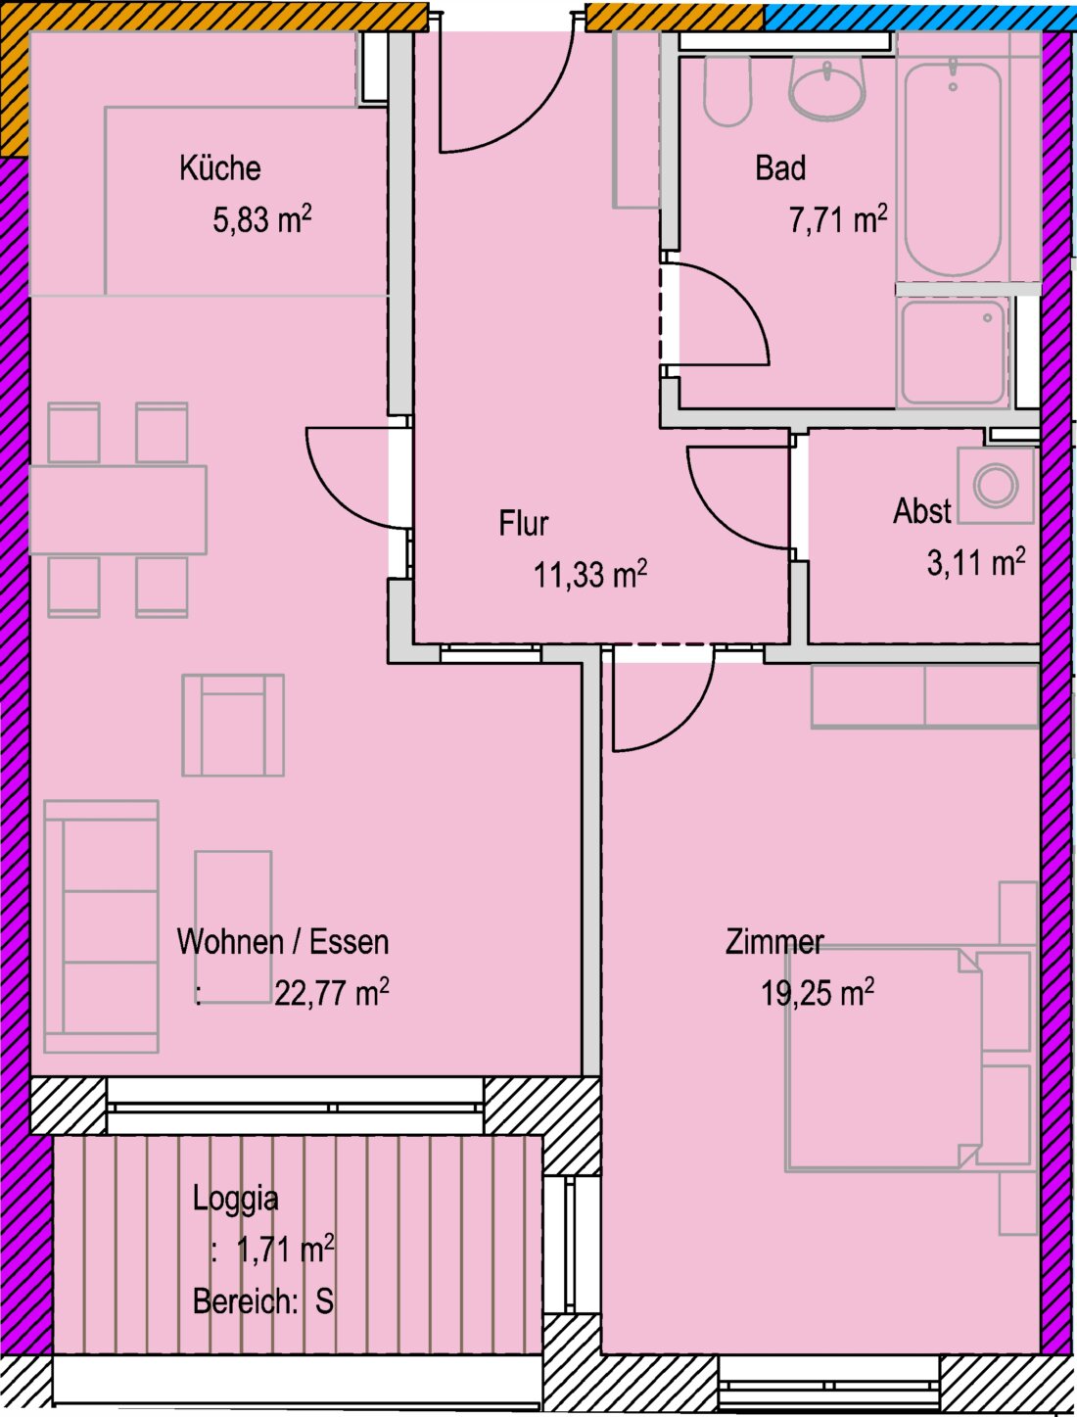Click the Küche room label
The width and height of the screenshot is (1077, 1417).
220,168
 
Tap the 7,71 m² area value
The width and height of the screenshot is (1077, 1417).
837,219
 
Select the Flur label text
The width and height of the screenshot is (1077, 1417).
524,523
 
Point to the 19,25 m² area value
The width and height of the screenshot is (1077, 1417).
818,992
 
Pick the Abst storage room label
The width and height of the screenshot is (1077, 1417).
921,511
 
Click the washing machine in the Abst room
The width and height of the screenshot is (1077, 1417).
996,486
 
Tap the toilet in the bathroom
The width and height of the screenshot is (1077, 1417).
727,91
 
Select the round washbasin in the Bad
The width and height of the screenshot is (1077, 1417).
826,88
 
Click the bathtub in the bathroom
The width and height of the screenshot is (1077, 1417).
953,167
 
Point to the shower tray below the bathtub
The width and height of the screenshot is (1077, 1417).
953,354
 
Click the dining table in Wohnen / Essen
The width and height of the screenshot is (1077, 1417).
118,510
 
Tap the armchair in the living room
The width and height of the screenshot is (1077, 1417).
233,726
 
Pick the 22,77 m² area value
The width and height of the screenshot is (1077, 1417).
332,993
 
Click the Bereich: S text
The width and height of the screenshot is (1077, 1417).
263,1300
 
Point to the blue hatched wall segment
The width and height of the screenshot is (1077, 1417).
920,17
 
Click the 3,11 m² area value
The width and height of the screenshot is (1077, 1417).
976,563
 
